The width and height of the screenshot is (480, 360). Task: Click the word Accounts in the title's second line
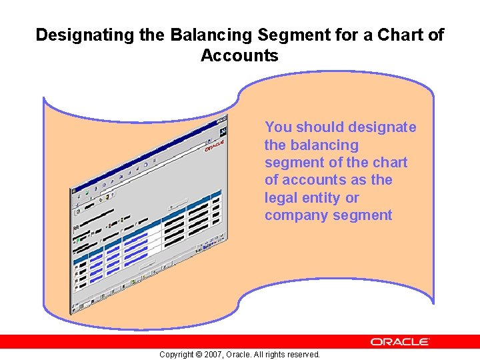[239, 56]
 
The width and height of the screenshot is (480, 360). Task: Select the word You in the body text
[279, 127]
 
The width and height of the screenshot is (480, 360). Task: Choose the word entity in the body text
[322, 198]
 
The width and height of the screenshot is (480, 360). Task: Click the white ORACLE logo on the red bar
[400, 341]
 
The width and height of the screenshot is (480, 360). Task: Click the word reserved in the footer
[302, 355]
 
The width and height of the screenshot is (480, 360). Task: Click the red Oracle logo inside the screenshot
[214, 145]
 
